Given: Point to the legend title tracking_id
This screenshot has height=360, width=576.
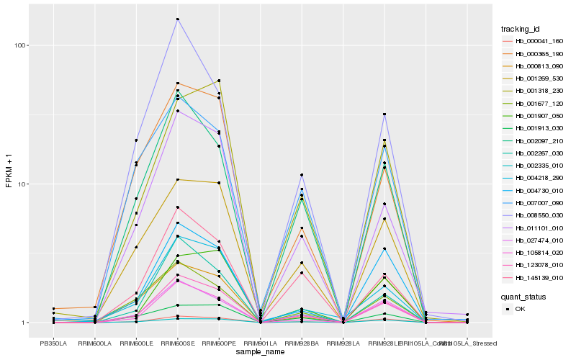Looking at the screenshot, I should [520, 29].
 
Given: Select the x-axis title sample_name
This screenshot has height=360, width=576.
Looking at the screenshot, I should [260, 351].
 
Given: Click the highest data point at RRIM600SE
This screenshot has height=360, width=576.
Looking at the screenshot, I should [178, 19].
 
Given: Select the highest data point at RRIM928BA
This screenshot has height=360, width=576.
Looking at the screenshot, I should [302, 175].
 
